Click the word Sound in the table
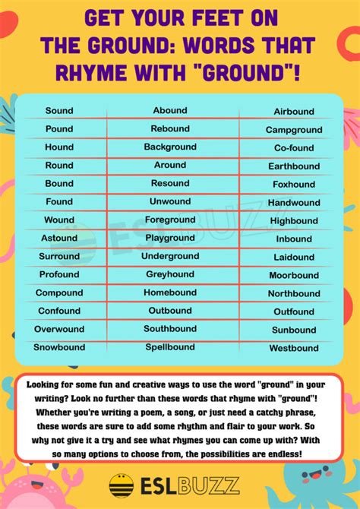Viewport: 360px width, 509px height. point(59,111)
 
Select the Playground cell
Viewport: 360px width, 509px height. point(170,239)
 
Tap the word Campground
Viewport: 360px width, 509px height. point(294,130)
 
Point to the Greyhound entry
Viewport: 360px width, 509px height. point(170,274)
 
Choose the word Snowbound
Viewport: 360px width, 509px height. point(59,347)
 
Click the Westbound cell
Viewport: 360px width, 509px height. point(294,349)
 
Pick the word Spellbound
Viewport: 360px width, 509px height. point(170,347)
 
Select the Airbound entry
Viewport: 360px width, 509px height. point(294,112)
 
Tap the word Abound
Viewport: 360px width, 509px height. point(170,111)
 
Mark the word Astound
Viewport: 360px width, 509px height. point(59,238)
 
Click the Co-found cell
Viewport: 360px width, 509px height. point(294,148)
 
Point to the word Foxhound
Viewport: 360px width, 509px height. point(294,185)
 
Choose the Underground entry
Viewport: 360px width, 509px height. point(170,257)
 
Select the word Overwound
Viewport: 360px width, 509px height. point(59,329)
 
